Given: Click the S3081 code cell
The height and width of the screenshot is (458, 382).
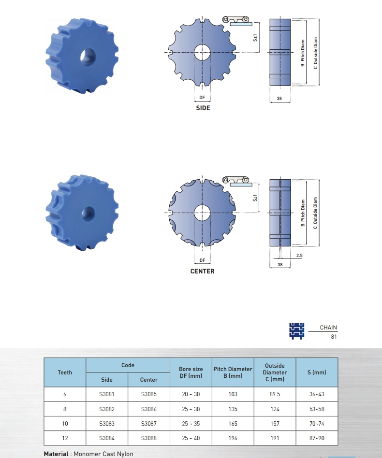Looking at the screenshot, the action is [107, 394].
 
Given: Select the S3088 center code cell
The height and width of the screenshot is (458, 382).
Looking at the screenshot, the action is [149, 438].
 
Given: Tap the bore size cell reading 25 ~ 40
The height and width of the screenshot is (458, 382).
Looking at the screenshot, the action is [191, 438].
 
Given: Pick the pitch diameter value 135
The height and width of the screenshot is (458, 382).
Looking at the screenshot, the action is [233, 409].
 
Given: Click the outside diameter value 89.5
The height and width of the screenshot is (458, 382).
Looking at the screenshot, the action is [275, 394].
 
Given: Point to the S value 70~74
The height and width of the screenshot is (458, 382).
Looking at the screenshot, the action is [317, 424].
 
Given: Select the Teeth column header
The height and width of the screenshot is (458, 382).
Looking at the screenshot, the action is [65, 372].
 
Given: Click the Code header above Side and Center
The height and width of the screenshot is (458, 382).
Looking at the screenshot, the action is [128, 365].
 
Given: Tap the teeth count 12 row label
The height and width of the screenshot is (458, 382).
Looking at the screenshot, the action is [65, 438].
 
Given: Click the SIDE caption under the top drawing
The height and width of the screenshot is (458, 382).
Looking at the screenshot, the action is [203, 108].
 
